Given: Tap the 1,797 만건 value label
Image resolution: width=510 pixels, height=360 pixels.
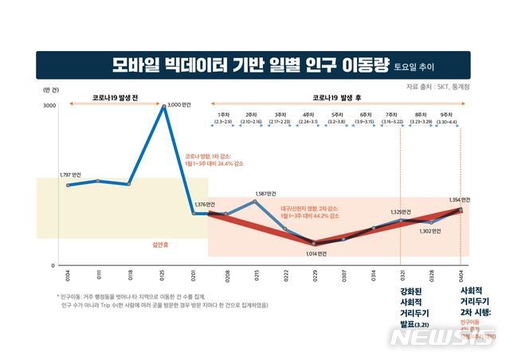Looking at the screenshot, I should click(x=71, y=173).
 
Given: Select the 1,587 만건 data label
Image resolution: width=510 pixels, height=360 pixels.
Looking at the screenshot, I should click(x=266, y=194).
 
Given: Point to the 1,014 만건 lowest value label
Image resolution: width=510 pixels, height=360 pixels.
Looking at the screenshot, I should click(x=316, y=253).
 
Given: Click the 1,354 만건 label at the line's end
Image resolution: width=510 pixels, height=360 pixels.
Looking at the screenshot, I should click(x=461, y=200).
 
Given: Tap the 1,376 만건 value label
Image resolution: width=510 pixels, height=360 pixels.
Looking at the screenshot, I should click(x=205, y=205).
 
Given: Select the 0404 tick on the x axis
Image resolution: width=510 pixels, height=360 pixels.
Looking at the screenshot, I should click(x=461, y=280).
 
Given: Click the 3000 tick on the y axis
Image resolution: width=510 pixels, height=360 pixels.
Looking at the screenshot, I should click(x=49, y=105).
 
